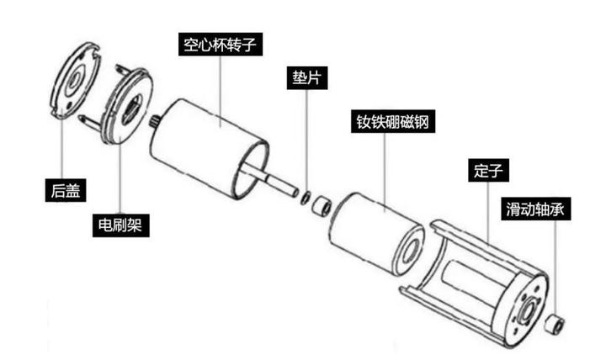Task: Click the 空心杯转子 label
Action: [x=221, y=45]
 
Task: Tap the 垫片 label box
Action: [x=307, y=78]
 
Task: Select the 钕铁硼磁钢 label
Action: [x=393, y=122]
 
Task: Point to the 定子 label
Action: [x=488, y=171]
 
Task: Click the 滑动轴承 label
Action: [x=535, y=209]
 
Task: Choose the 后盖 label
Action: [x=66, y=190]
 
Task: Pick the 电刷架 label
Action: [x=120, y=225]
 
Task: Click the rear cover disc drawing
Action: [x=76, y=80]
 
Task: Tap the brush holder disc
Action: [x=125, y=106]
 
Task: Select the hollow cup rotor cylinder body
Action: [x=209, y=149]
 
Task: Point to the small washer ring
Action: [x=306, y=198]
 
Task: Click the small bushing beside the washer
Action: [x=322, y=206]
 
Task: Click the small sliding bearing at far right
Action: [x=555, y=323]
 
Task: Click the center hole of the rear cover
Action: [x=73, y=81]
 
